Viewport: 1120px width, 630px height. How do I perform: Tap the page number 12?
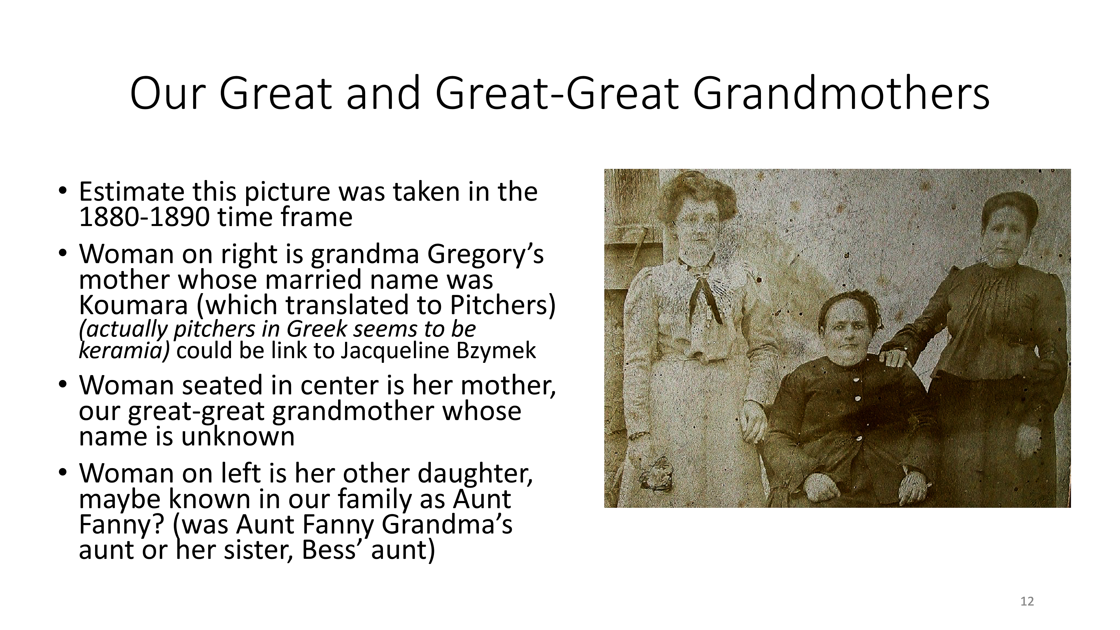pos(1027,601)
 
